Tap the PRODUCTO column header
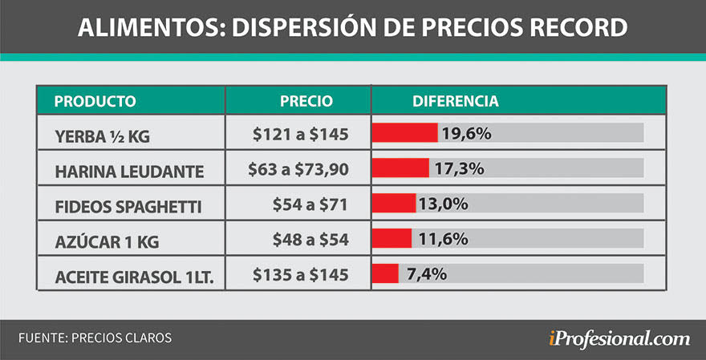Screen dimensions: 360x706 point(95,102)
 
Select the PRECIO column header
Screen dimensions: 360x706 point(306,102)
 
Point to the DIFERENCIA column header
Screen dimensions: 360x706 point(455,102)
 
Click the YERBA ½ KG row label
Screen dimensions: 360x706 point(102,136)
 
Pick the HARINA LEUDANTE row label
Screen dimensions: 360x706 point(119,172)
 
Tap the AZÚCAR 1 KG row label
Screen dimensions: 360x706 point(100,241)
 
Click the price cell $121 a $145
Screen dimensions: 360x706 point(300,135)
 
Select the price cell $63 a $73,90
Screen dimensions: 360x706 point(298,169)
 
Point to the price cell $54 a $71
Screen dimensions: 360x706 point(309,204)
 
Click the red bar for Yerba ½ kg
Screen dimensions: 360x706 point(404,133)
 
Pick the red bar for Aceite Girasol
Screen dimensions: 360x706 point(384,273)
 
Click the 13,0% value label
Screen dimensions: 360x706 point(443,204)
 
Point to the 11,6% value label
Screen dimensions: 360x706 point(440,238)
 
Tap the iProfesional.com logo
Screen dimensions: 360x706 point(615,338)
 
